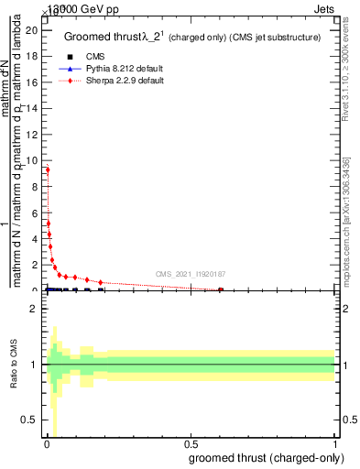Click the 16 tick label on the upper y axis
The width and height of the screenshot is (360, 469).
pyautogui.click(x=31, y=82)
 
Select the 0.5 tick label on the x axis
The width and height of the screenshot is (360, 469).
pyautogui.click(x=191, y=444)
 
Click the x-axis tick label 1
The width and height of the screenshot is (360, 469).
pyautogui.click(x=335, y=444)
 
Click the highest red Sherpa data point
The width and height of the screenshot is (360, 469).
pyautogui.click(x=48, y=169)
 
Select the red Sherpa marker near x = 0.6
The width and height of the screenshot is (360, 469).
pyautogui.click(x=220, y=289)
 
